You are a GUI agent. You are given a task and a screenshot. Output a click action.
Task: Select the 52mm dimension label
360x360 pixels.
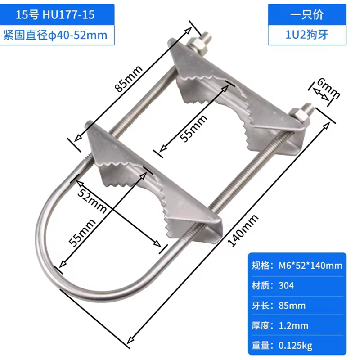coord(91,199)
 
